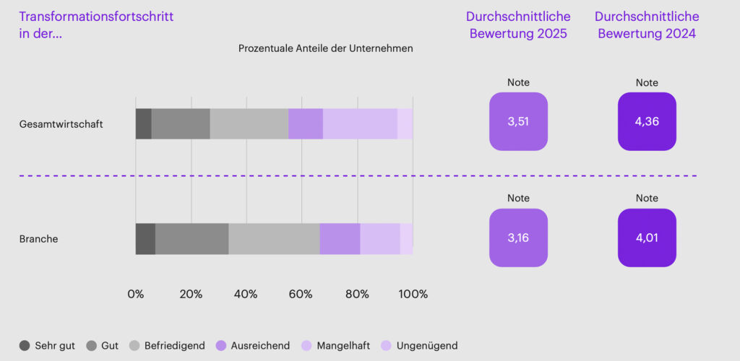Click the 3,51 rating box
[518, 121]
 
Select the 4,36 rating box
[647, 121]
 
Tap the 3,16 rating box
[518, 238]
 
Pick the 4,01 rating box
[647, 238]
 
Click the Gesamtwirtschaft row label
[61, 124]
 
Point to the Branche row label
[38, 239]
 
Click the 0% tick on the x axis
[135, 295]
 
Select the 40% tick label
[246, 295]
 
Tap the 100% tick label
[413, 295]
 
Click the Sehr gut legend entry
[47, 346]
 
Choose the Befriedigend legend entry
[167, 346]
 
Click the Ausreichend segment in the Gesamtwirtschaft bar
[305, 123]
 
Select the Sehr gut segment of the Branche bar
[145, 239]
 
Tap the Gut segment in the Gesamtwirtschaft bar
[181, 123]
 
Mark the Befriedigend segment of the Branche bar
[274, 239]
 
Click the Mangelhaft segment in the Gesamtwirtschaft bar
[360, 123]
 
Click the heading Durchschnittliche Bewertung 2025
[518, 25]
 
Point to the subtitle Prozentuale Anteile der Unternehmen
[325, 48]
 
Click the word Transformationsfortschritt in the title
[96, 17]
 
